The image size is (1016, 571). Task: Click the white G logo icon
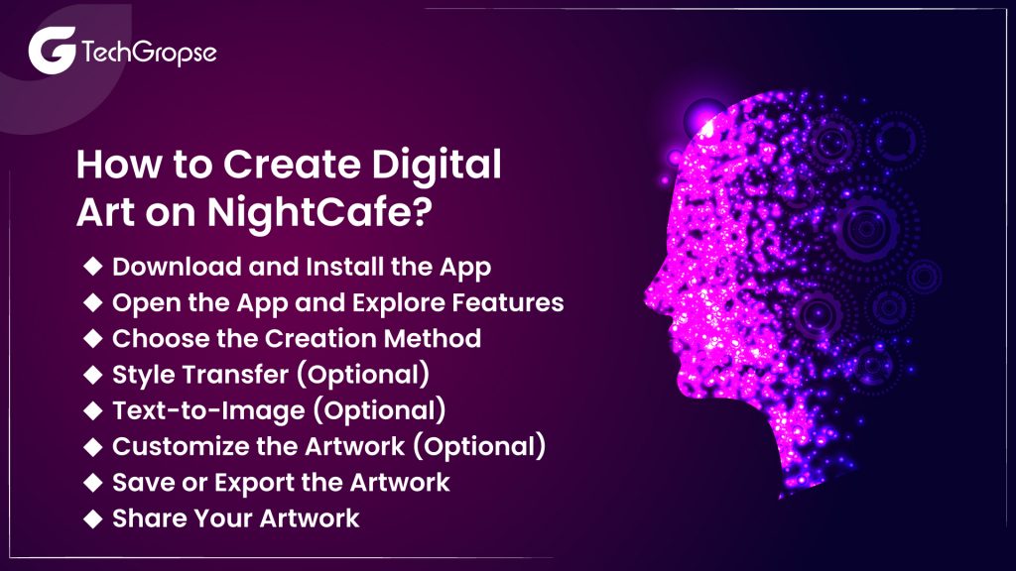point(50,51)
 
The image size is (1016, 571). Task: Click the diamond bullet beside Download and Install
point(92,267)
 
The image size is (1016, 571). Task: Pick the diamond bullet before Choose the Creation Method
point(92,338)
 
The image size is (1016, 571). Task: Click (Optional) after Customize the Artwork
point(480,446)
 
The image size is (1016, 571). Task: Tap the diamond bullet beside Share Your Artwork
point(92,517)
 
